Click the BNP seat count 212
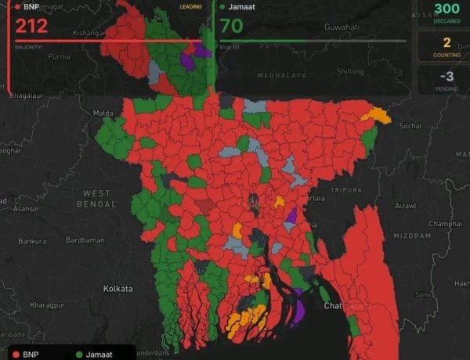pyautogui.click(x=31, y=26)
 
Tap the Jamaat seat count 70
pyautogui.click(x=231, y=26)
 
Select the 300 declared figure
pyautogui.click(x=446, y=9)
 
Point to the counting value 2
pyautogui.click(x=446, y=42)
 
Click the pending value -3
pyautogui.click(x=446, y=76)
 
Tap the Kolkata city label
pyautogui.click(x=117, y=289)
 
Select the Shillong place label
pyautogui.click(x=350, y=71)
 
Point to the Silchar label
pyautogui.click(x=410, y=125)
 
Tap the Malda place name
pyautogui.click(x=103, y=113)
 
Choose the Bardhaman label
pyautogui.click(x=85, y=240)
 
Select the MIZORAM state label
pyautogui.click(x=411, y=235)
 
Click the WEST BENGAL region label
pyautogui.click(x=97, y=198)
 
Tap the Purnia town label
pyautogui.click(x=60, y=57)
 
